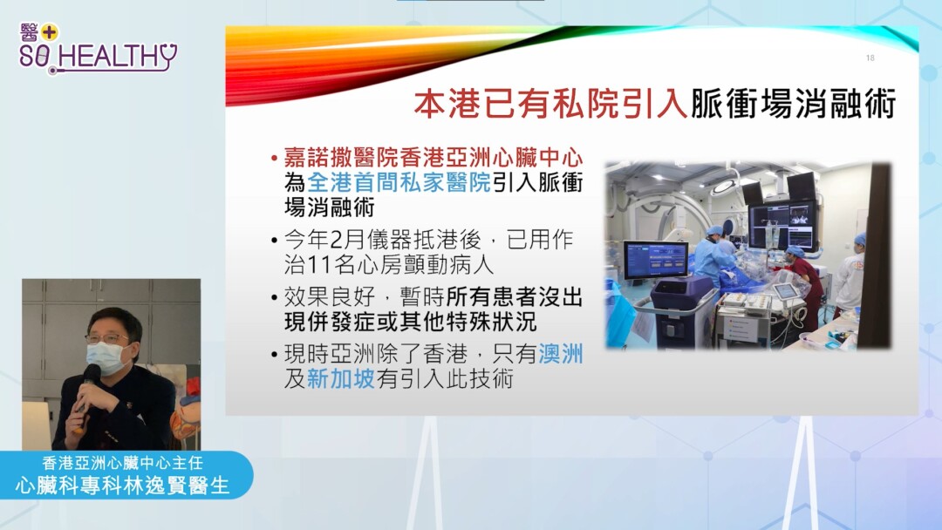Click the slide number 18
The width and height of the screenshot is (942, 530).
[870, 58]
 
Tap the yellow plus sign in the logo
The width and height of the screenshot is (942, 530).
[49, 32]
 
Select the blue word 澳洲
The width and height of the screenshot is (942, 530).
[561, 354]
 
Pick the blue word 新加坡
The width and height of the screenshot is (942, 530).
[341, 378]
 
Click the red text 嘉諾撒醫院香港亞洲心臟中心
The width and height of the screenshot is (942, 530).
[433, 157]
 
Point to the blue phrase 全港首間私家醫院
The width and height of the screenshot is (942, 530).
[399, 182]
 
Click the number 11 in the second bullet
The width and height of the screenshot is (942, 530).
[319, 265]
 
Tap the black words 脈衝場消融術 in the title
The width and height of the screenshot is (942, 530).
[793, 103]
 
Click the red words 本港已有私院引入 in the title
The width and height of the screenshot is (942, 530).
[551, 103]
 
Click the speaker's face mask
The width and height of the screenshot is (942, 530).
[105, 357]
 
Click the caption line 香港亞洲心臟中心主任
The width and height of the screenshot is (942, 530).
[123, 463]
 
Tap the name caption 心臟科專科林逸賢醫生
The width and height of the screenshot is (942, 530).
[123, 486]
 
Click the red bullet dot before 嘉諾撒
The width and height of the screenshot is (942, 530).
[274, 159]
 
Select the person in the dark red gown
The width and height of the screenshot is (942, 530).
[803, 285]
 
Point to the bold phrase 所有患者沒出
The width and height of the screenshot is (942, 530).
[515, 297]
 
